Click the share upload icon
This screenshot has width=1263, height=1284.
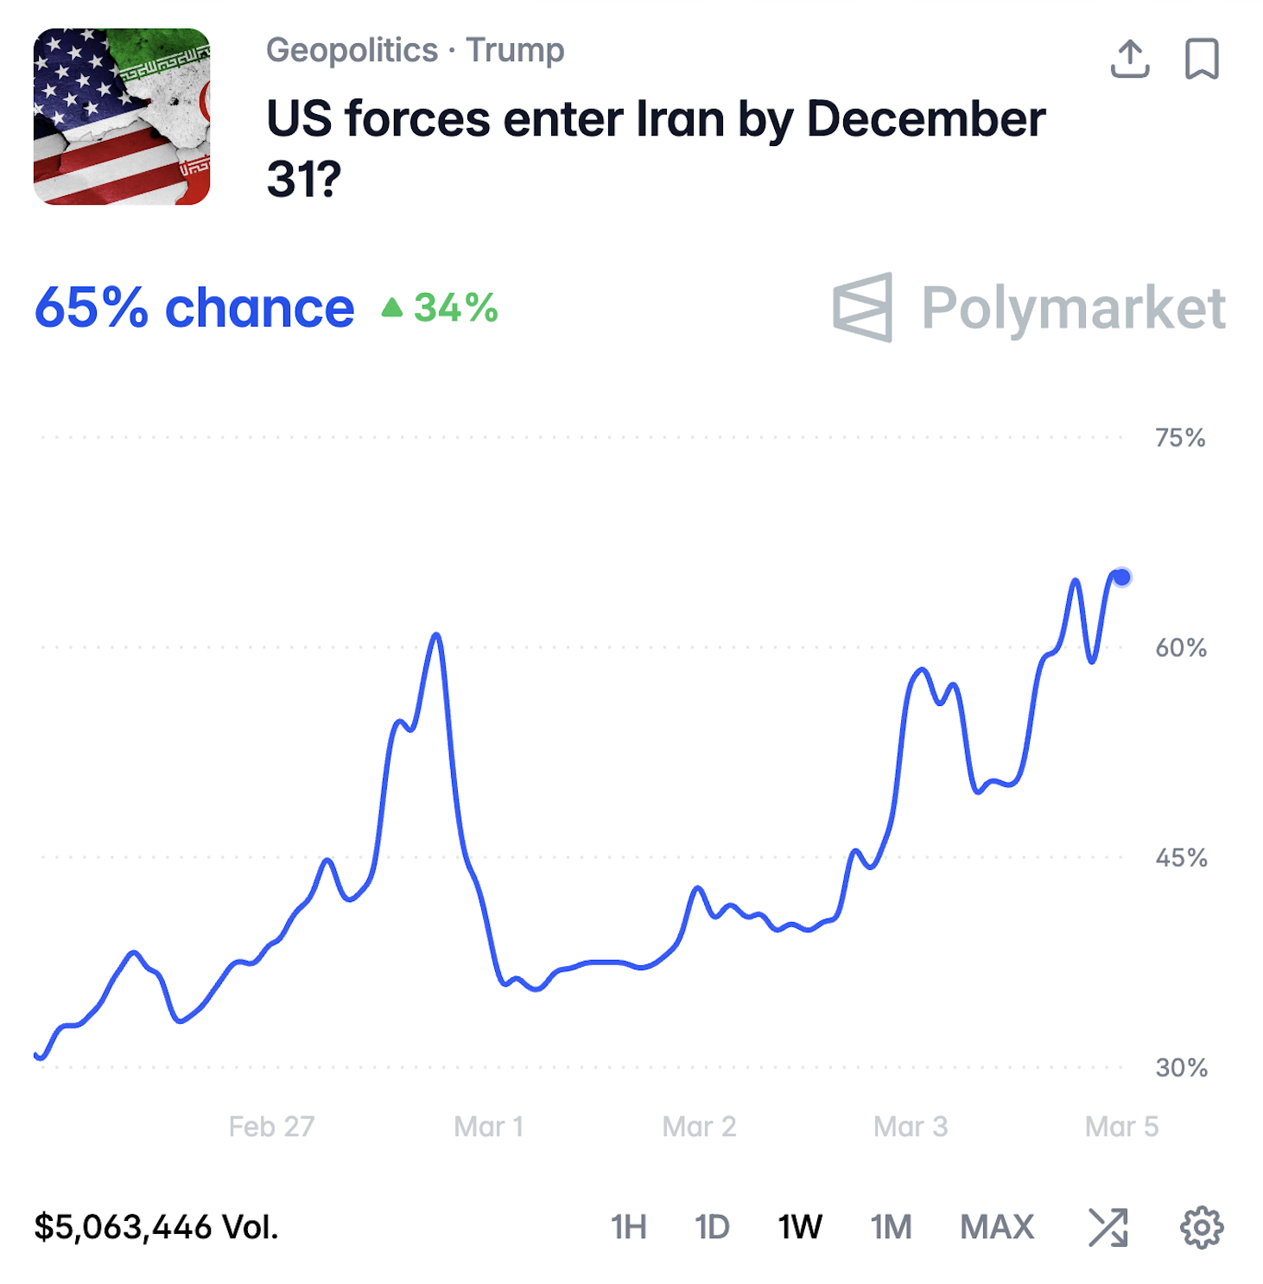1129,59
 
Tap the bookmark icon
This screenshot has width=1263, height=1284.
1201,59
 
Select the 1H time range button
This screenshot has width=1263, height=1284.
628,1227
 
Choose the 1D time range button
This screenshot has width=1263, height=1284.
712,1227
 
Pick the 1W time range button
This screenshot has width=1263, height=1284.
799,1227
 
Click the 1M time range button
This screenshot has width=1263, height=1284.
891,1227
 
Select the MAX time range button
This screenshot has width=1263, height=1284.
997,1227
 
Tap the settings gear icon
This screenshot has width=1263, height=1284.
1202,1228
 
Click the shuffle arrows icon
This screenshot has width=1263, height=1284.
1108,1228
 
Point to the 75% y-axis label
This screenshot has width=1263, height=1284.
1180,438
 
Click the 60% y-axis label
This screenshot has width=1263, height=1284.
1181,648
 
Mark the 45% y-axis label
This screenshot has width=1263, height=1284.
1181,858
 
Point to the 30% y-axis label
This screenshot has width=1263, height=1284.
1181,1068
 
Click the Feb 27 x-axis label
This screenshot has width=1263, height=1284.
271,1127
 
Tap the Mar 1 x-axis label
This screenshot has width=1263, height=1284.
488,1127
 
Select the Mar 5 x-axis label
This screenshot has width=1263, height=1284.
1121,1127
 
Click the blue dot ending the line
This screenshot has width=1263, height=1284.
1121,577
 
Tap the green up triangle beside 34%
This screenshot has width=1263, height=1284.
392,308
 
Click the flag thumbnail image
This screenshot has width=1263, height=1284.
122,117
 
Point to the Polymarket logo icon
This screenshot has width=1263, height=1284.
862,308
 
